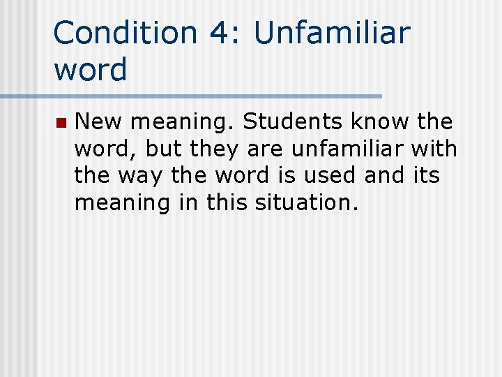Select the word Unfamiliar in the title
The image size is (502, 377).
(x=333, y=33)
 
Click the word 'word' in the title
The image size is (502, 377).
(x=90, y=70)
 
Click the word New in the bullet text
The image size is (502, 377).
(x=98, y=122)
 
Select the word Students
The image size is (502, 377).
(x=293, y=122)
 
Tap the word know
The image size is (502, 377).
(x=382, y=122)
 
